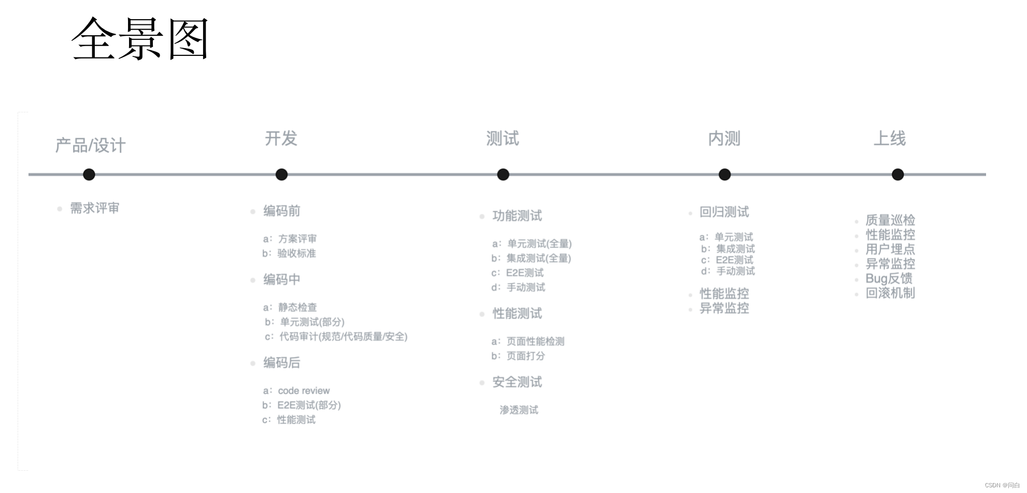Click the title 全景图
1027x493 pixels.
click(140, 39)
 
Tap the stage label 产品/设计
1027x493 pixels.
click(90, 146)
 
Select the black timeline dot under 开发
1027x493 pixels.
click(281, 175)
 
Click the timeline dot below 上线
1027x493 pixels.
click(897, 175)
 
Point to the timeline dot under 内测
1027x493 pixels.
click(724, 175)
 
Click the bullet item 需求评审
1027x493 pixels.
click(95, 208)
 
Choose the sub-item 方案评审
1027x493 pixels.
click(297, 239)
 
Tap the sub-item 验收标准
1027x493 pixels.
click(296, 253)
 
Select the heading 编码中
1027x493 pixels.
click(281, 280)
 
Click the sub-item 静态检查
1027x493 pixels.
click(297, 307)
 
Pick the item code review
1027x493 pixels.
click(304, 390)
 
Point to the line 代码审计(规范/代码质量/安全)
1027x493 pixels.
click(343, 337)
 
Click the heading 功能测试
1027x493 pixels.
click(517, 216)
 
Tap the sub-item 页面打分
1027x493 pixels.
click(525, 356)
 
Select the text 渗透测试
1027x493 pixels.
click(519, 410)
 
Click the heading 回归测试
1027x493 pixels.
click(724, 212)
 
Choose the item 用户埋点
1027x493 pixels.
click(890, 249)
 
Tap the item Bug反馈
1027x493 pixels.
click(889, 279)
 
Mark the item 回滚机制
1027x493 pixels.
click(890, 293)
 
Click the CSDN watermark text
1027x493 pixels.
click(1002, 485)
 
